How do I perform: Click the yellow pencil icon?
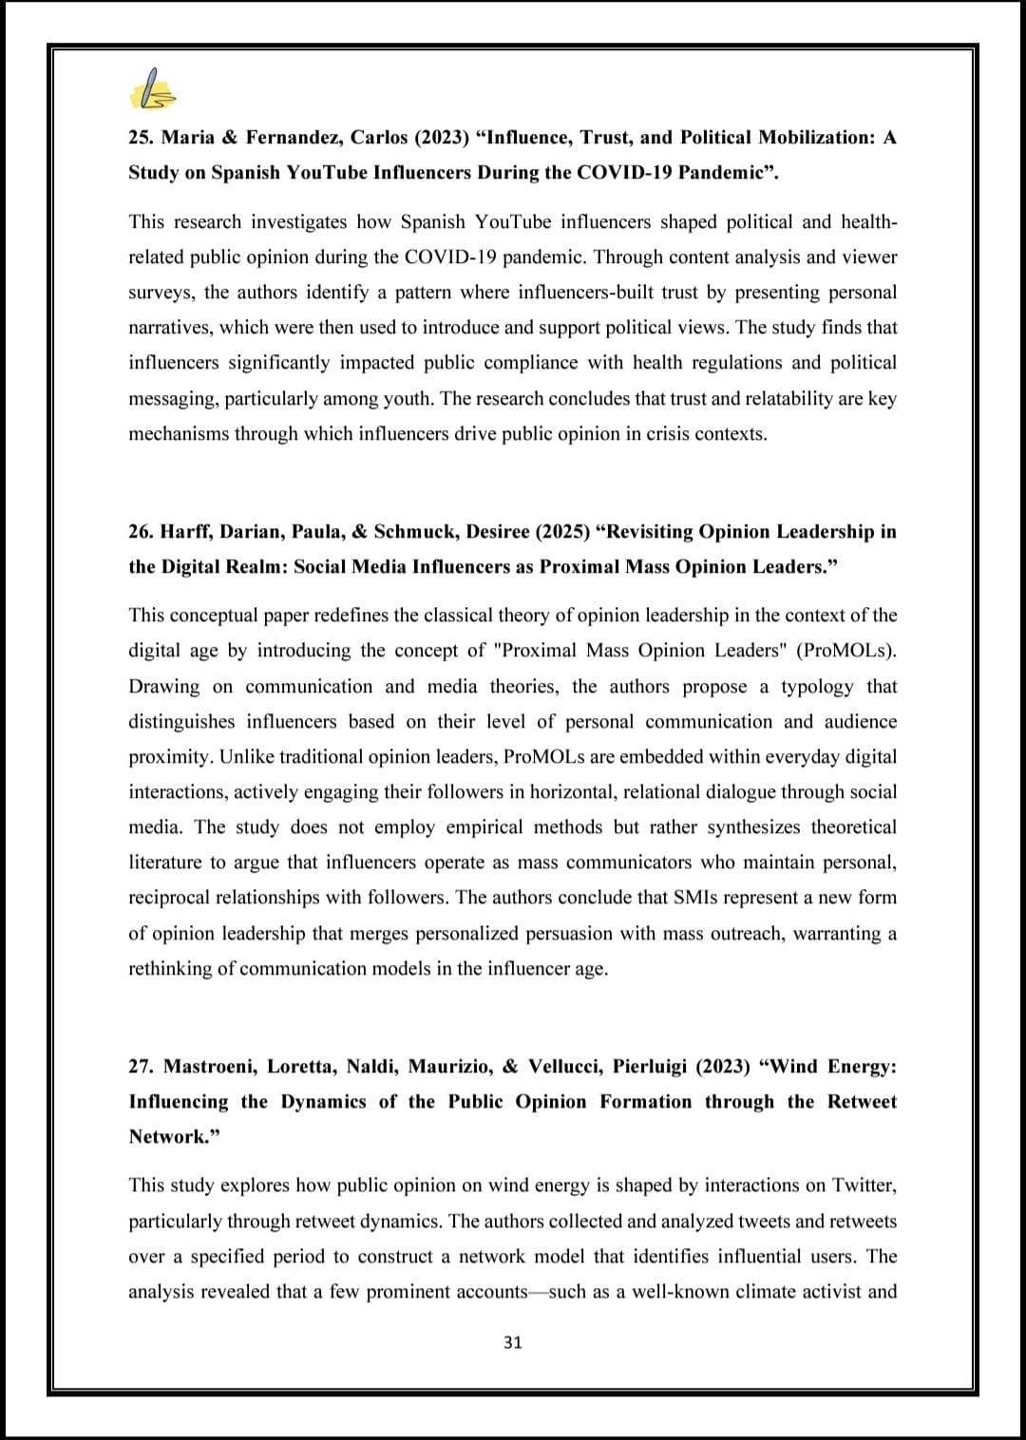[x=152, y=90]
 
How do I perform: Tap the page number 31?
[x=512, y=1342]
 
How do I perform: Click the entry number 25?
[x=140, y=138]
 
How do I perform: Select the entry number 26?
[x=140, y=531]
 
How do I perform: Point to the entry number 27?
[x=140, y=1067]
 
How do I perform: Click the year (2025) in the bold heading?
[x=560, y=531]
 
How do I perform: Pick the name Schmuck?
[x=411, y=531]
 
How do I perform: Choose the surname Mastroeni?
[x=210, y=1067]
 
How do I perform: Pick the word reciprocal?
[x=174, y=898]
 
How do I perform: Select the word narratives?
[x=171, y=328]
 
